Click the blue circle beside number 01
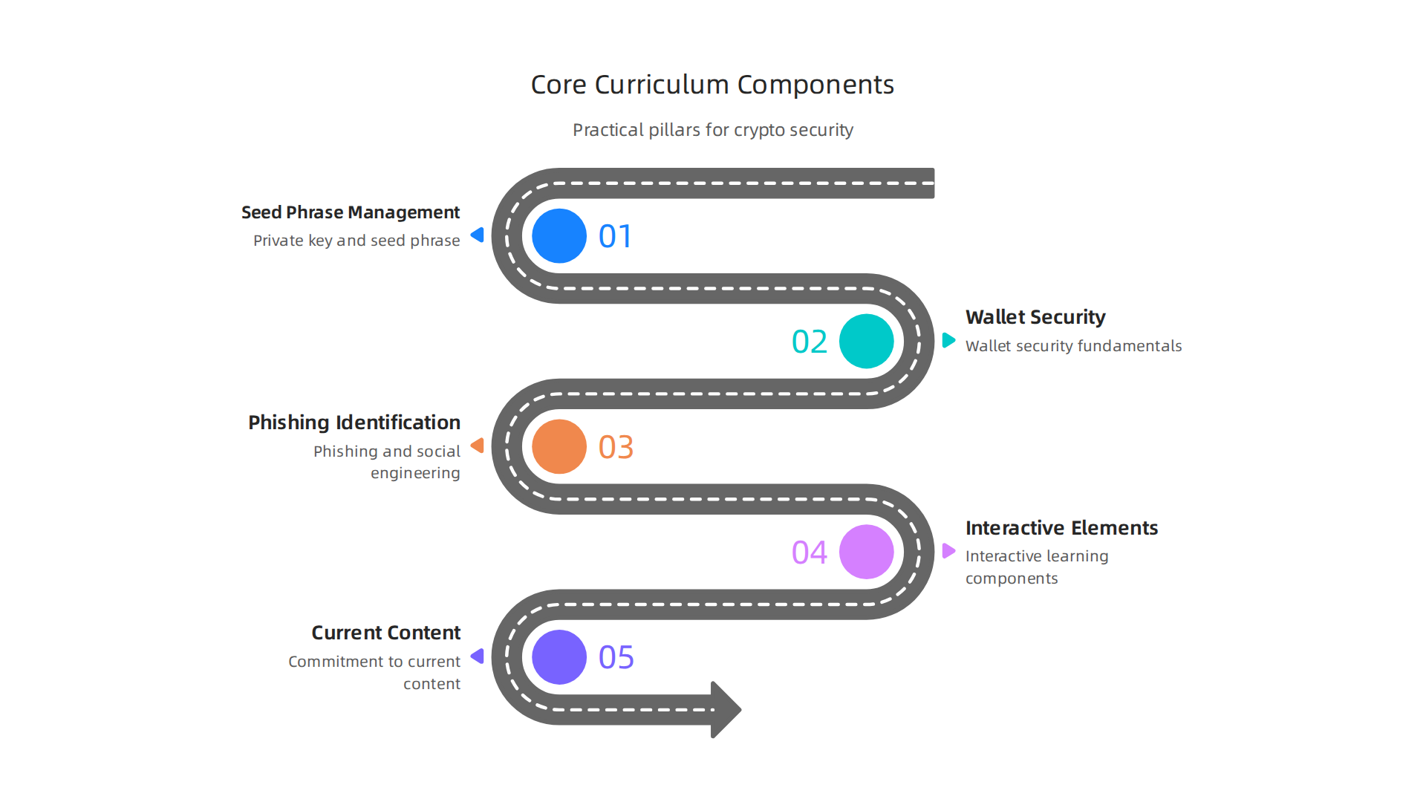coord(559,236)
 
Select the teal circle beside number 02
coord(866,342)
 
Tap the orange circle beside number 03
coord(559,447)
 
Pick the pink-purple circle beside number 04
coord(866,552)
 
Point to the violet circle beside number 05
coord(559,657)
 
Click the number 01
coord(616,237)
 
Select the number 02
coord(810,342)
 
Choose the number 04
coord(810,552)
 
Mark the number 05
coord(616,658)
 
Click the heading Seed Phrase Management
coord(351,212)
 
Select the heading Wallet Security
coord(1035,317)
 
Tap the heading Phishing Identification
coord(354,423)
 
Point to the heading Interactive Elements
coord(1061,528)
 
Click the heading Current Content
coord(385,633)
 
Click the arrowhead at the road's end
coord(725,709)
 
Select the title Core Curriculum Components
coord(712,85)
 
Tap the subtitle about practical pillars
coord(712,130)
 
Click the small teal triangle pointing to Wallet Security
coord(948,340)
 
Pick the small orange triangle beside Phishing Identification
coord(478,446)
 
